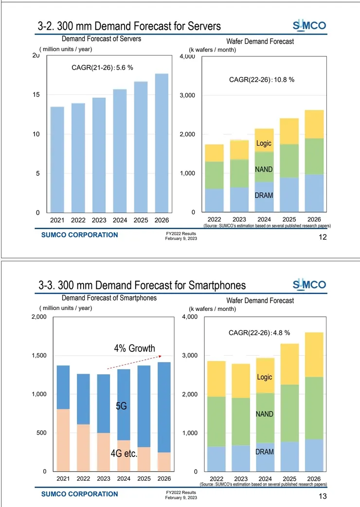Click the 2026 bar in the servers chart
[162, 143]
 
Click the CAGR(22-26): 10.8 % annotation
[262, 79]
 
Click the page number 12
[322, 237]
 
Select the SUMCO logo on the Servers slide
[309, 25]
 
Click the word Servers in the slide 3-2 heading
[201, 26]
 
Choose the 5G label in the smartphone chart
[121, 406]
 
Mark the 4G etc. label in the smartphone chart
[124, 454]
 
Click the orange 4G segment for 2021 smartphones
[63, 440]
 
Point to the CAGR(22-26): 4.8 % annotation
[259, 333]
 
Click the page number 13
[322, 497]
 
